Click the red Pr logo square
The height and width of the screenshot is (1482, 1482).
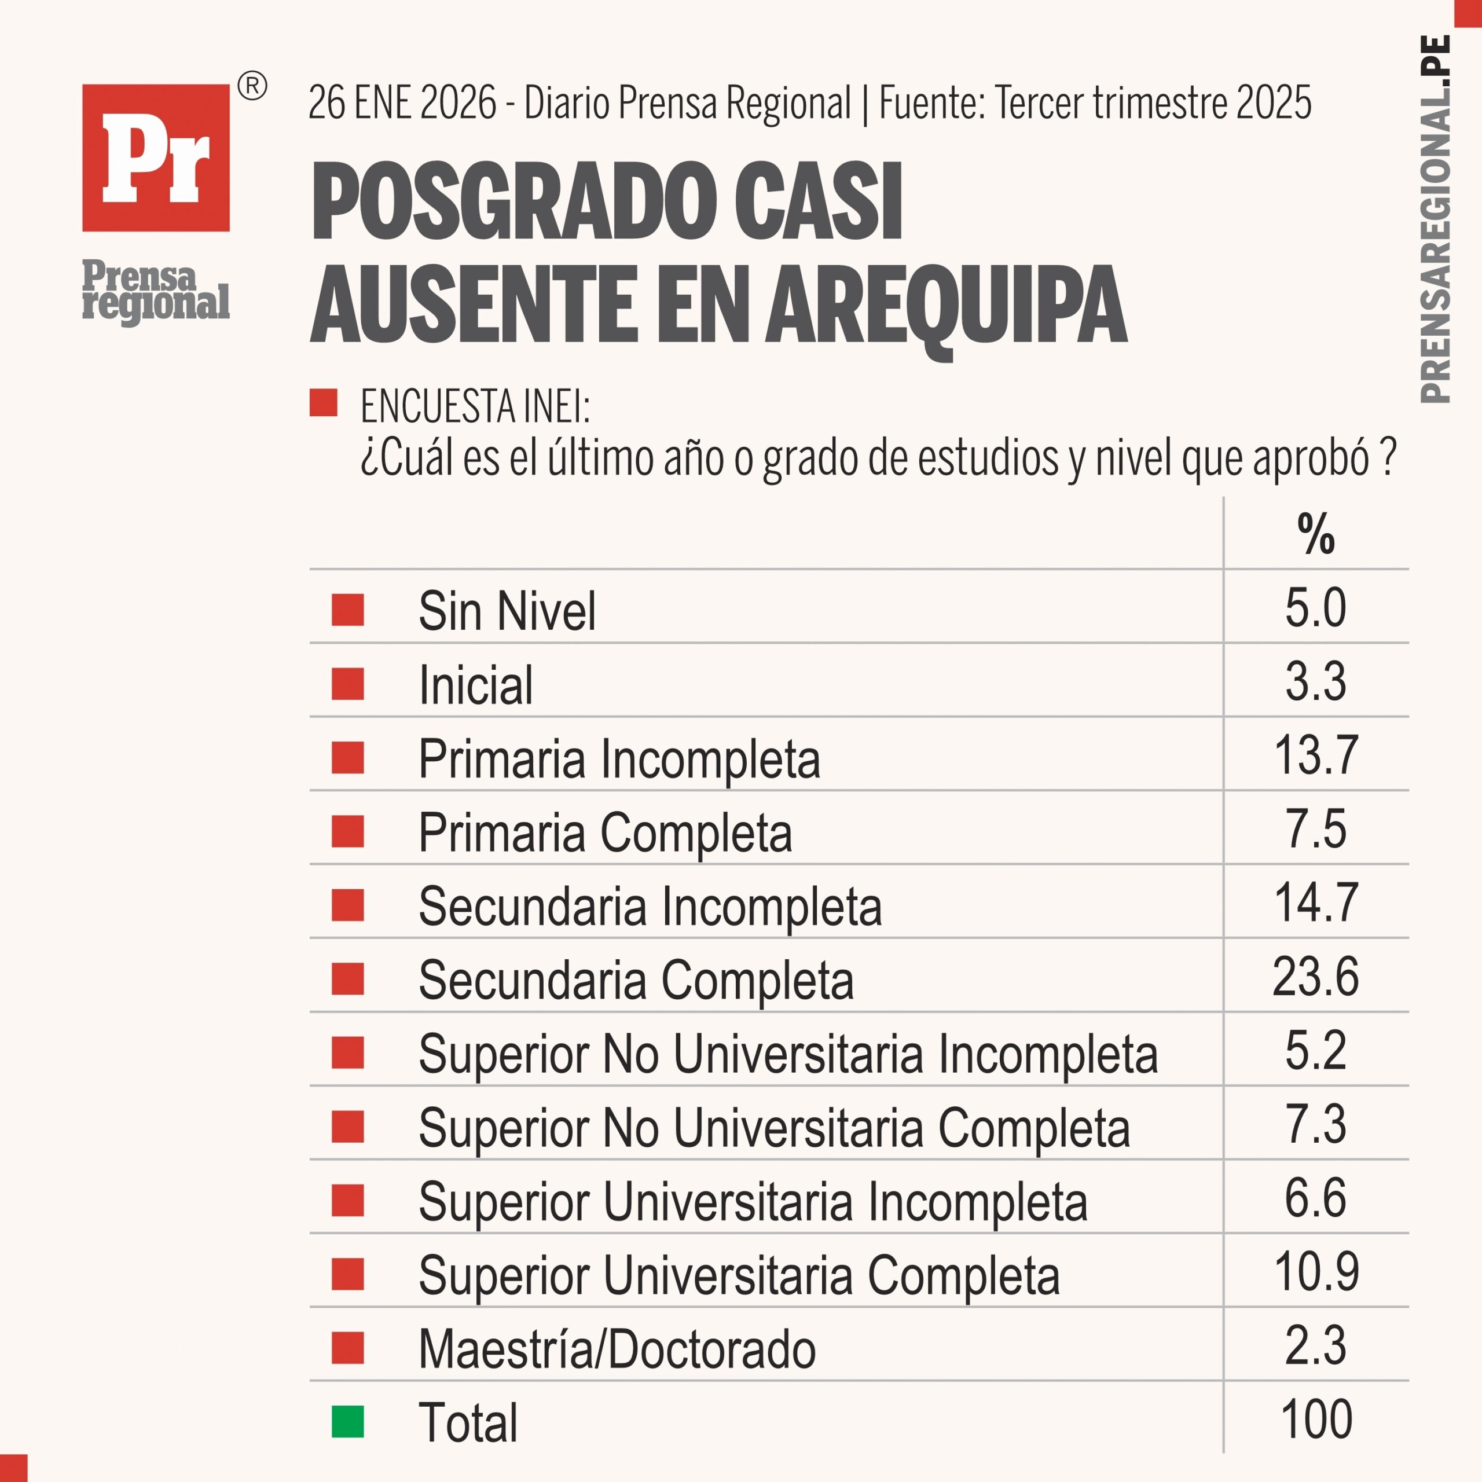pyautogui.click(x=156, y=157)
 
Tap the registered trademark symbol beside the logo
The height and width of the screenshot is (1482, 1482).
pyautogui.click(x=252, y=87)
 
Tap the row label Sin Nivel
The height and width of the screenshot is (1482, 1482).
pyautogui.click(x=507, y=611)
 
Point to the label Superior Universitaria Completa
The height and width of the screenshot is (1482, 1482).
pyautogui.click(x=739, y=1275)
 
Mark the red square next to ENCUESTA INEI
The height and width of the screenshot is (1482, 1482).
pyautogui.click(x=323, y=403)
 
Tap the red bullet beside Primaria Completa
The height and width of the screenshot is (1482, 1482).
pyautogui.click(x=347, y=831)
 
